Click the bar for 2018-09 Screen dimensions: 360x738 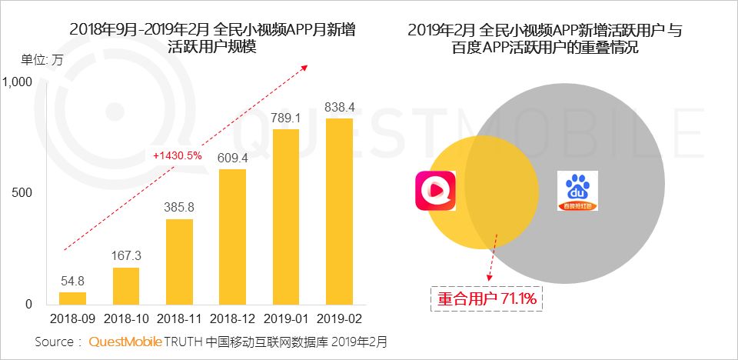coord(72,298)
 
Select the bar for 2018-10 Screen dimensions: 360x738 coord(126,285)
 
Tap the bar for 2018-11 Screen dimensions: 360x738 coord(179,262)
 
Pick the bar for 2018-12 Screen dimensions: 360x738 coord(232,236)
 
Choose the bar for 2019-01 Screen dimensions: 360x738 coord(285,216)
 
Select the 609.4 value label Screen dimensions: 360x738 coord(232,158)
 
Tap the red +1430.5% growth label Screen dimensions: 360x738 coord(178,155)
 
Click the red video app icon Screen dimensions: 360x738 coord(435,190)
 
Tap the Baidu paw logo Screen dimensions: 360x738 coord(577,191)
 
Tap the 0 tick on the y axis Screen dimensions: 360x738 coord(28,304)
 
